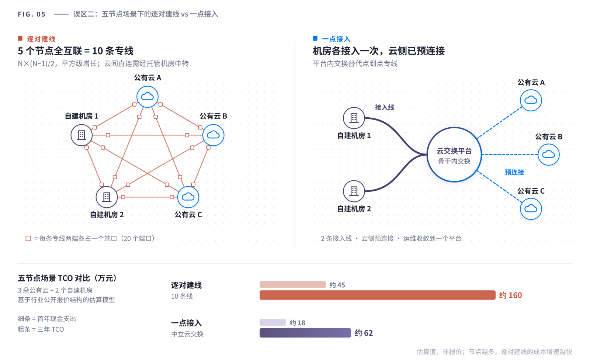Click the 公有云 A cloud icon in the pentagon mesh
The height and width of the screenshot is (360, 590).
pyautogui.click(x=147, y=97)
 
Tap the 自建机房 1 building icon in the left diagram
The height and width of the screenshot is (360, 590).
pyautogui.click(x=81, y=135)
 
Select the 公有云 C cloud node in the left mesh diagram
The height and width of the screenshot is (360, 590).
pyautogui.click(x=188, y=197)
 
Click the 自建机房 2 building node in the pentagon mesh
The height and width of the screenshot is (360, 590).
pyautogui.click(x=107, y=197)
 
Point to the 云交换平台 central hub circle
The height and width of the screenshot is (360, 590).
pyautogui.click(x=454, y=155)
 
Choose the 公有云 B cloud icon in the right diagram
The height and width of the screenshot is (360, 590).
pyautogui.click(x=548, y=155)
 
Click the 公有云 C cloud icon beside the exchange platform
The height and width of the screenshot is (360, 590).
pyautogui.click(x=531, y=209)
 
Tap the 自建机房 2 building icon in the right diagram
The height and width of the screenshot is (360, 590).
pyautogui.click(x=354, y=191)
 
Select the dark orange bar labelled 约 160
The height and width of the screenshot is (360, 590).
pyautogui.click(x=377, y=295)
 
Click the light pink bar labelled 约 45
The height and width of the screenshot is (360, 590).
pyautogui.click(x=293, y=285)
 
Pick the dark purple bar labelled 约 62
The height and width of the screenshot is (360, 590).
pyautogui.click(x=305, y=333)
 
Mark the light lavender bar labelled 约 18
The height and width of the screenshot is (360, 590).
pyautogui.click(x=273, y=322)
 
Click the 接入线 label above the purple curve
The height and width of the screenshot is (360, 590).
pyautogui.click(x=384, y=108)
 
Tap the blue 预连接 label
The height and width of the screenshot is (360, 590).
pyautogui.click(x=514, y=172)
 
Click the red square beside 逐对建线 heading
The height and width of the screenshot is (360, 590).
pyautogui.click(x=20, y=38)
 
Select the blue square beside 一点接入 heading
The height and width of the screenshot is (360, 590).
pyautogui.click(x=315, y=38)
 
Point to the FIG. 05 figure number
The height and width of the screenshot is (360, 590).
pyautogui.click(x=32, y=14)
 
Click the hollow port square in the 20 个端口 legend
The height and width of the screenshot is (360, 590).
pyautogui.click(x=28, y=239)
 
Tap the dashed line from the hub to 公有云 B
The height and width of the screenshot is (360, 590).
pyautogui.click(x=510, y=155)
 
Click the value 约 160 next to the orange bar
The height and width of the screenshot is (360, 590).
pyautogui.click(x=510, y=295)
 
